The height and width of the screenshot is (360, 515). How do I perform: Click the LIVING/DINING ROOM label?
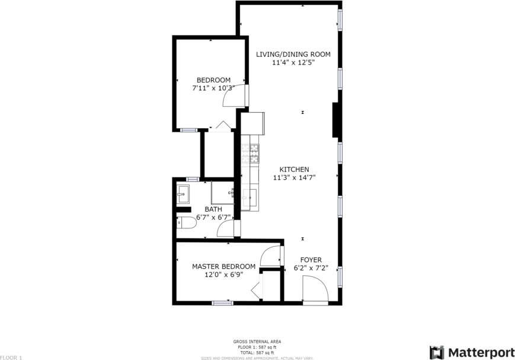coord(293,55)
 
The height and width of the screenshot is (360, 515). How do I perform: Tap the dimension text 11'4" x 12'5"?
coord(293,62)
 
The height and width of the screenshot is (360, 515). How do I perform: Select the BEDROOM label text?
coord(213,81)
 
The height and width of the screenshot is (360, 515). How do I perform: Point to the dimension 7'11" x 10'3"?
coord(213,88)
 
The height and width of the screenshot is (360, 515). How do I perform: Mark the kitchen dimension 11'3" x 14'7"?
coord(294,177)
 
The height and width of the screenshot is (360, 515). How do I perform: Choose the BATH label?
coord(213,209)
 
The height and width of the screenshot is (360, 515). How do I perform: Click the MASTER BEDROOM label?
coord(223,267)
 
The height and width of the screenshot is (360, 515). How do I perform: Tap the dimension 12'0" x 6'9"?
coord(223,275)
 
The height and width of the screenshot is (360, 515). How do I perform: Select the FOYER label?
coord(311,260)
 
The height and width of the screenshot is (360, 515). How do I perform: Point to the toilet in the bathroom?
coord(185,223)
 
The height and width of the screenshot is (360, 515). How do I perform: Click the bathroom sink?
coord(183,193)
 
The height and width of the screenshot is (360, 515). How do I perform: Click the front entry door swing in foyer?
coord(315,291)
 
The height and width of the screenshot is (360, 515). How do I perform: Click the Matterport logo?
coord(472,352)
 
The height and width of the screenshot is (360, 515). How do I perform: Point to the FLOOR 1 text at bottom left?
coord(11,358)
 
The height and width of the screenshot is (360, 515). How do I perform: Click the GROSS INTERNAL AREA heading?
coord(257,342)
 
